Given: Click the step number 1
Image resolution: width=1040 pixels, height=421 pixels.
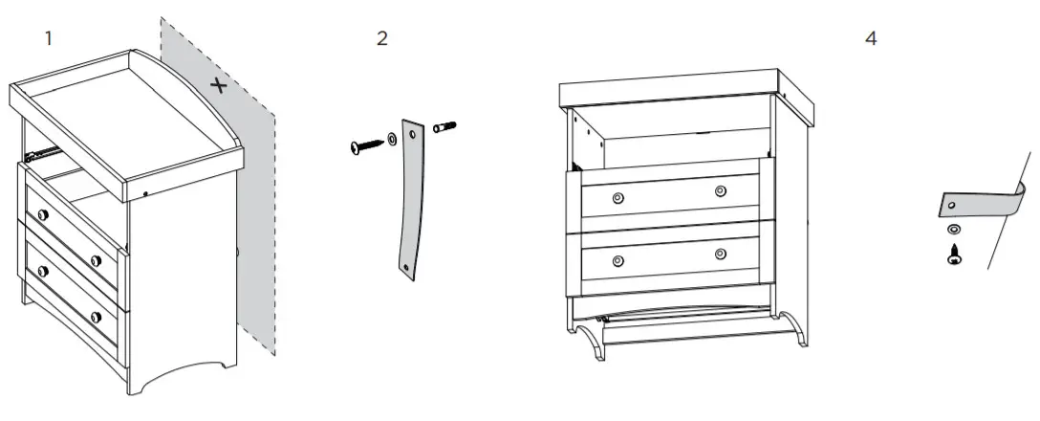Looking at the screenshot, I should coord(48,38).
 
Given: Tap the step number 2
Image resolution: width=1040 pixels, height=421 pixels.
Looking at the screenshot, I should coord(382,39).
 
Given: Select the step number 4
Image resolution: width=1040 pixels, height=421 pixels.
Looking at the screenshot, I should coord(870,39).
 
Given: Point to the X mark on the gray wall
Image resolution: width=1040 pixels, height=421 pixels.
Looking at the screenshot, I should coord(219,86).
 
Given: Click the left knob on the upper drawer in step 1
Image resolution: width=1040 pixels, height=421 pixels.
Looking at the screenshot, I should coord(41,212).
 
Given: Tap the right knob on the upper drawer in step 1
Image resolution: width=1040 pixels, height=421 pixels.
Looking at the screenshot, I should coord(96,261).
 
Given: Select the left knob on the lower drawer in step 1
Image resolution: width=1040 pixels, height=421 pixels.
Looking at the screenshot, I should coord(41,271).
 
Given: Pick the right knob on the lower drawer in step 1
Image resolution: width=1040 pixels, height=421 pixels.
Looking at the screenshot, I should coord(96,317).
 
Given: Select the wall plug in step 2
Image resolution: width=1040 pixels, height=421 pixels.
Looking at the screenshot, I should coord(445,126).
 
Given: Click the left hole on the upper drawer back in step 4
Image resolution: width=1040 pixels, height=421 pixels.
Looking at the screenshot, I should coord(617,197).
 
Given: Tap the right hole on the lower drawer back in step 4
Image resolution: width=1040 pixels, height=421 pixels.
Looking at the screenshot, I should coord(720,254).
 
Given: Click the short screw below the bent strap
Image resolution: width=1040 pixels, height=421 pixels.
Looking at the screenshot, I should coord(953,254).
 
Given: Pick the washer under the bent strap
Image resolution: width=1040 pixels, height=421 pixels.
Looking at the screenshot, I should coord(952,231).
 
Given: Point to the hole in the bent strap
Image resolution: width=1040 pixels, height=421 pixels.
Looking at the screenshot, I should coord(951,205).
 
